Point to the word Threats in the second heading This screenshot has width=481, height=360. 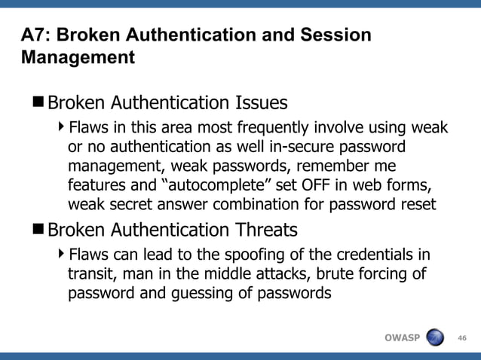click(x=265, y=229)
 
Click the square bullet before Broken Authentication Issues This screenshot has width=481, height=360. click(x=38, y=101)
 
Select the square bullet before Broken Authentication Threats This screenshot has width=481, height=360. click(x=38, y=229)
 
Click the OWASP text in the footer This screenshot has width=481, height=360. click(x=402, y=337)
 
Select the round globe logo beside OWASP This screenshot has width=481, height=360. click(x=437, y=337)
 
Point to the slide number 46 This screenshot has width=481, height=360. click(x=462, y=337)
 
